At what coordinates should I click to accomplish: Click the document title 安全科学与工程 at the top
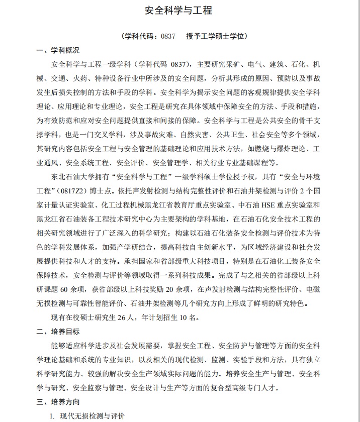coord(179,11)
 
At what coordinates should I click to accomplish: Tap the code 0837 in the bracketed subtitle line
coord(167,37)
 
